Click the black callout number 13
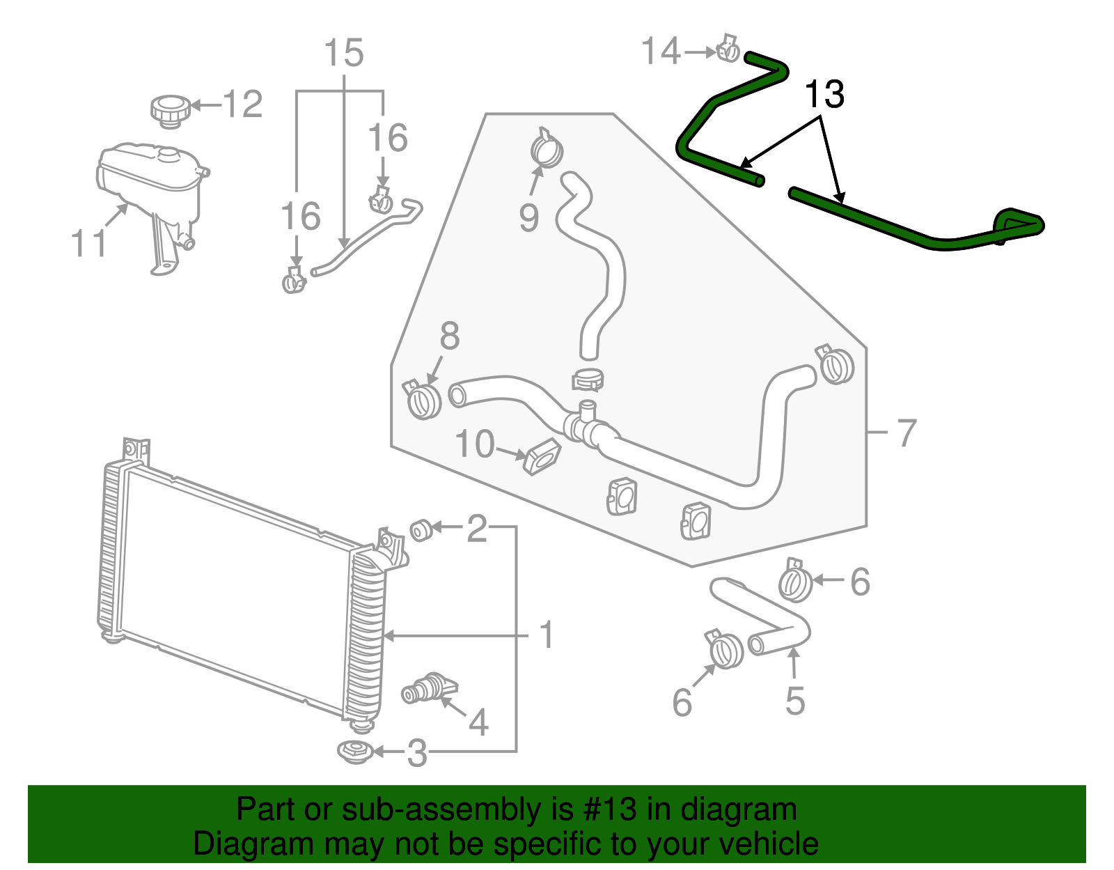click(824, 95)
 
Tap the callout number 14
click(660, 52)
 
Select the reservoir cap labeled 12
click(170, 111)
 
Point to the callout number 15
click(344, 53)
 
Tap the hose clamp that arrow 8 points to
click(423, 400)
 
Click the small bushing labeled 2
click(419, 531)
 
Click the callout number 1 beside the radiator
click(547, 635)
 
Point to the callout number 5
click(794, 701)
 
